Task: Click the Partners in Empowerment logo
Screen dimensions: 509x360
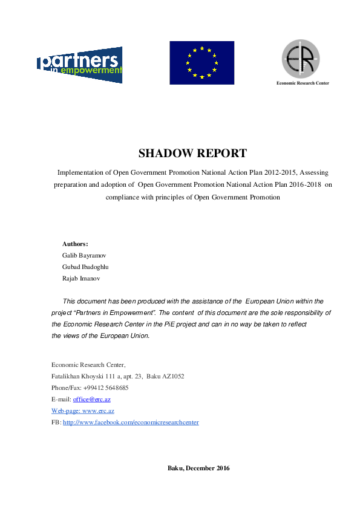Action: [79, 65]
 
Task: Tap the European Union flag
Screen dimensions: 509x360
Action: [201, 62]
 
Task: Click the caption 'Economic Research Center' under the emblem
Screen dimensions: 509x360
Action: [302, 83]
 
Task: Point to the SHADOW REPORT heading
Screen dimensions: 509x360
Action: [192, 153]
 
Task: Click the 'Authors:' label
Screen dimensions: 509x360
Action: [75, 244]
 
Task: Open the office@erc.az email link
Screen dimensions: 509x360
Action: [91, 400]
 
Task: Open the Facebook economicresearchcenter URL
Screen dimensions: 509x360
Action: [131, 422]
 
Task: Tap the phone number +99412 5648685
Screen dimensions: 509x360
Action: [106, 387]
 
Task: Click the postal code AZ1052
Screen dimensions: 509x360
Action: [173, 376]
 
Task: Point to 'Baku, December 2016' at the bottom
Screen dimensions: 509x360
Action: [198, 468]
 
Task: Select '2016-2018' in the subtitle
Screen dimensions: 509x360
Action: [301, 184]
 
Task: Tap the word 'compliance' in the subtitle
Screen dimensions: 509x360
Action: [123, 197]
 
